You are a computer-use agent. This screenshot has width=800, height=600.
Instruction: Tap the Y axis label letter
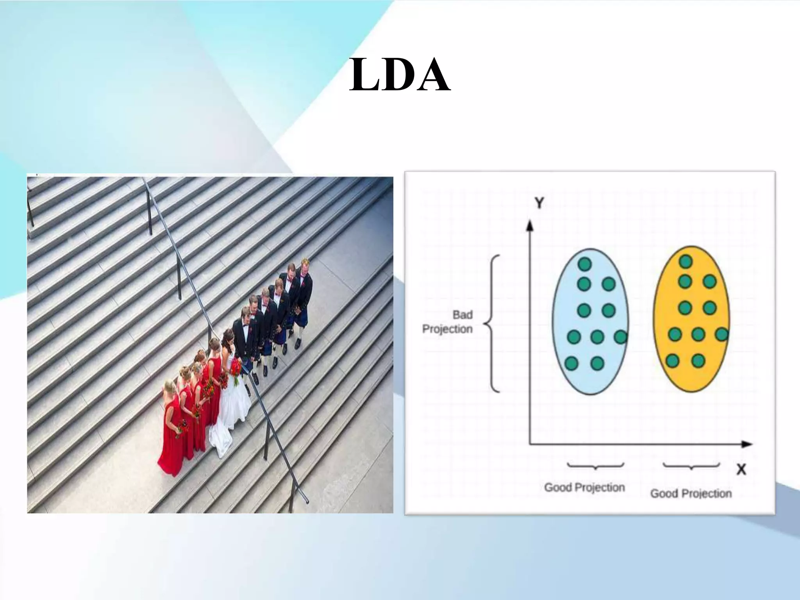pos(539,203)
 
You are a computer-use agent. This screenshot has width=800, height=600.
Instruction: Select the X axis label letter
pos(741,469)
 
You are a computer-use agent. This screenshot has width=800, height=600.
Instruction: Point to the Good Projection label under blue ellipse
pos(584,487)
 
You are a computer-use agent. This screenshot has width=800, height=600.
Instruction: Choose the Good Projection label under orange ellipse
pos(691,493)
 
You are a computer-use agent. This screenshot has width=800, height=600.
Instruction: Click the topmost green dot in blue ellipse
pos(584,264)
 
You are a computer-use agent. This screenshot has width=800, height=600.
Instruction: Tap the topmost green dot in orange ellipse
pos(686,262)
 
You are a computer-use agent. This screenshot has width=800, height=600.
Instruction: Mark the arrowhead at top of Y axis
pos(530,226)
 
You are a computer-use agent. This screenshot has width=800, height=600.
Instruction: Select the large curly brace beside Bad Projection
pos(492,323)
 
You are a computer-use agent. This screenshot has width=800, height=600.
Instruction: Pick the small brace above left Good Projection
pos(595,466)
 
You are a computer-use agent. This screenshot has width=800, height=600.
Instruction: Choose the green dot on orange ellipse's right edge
pos(722,335)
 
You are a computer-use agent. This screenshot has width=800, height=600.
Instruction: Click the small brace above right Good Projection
pos(691,466)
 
